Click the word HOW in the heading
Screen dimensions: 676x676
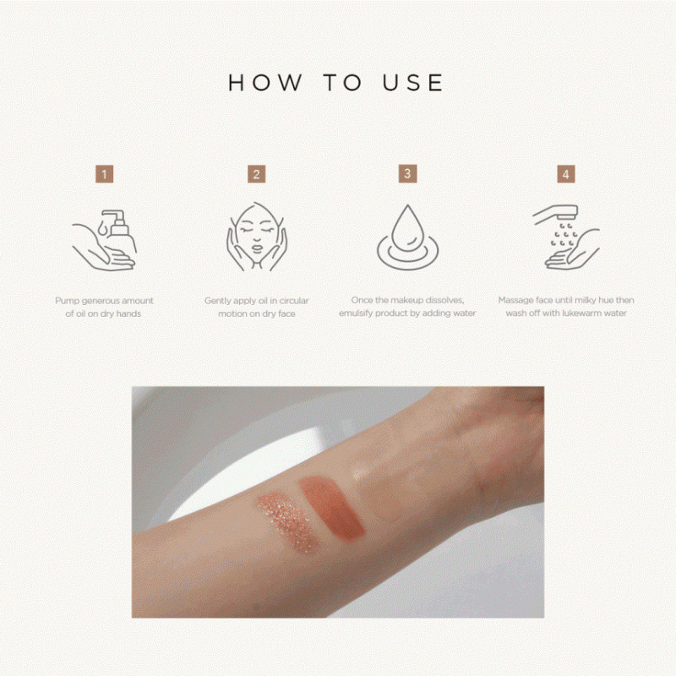(264, 82)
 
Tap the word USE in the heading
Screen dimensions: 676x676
(412, 82)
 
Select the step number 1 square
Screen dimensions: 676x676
(104, 174)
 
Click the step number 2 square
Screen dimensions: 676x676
(257, 174)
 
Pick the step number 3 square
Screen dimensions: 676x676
(407, 174)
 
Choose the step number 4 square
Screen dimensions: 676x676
(566, 174)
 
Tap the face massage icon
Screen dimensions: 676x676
(257, 237)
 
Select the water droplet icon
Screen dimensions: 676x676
(407, 237)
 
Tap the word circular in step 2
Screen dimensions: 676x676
(294, 301)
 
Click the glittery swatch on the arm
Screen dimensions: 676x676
(287, 522)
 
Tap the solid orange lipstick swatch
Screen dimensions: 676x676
(332, 508)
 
